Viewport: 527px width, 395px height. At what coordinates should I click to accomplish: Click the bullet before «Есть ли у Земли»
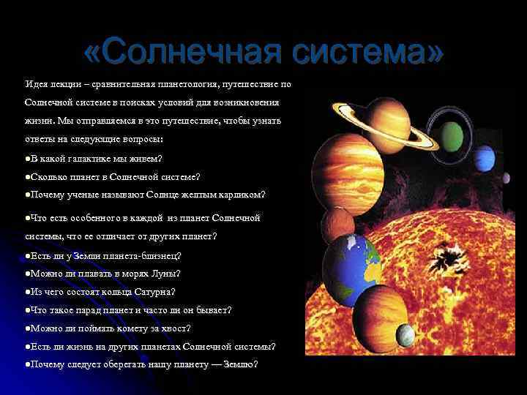[26, 255]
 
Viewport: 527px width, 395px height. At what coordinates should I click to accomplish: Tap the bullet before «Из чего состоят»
[26, 292]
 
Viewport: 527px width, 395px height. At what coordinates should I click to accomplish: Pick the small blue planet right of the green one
[485, 157]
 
